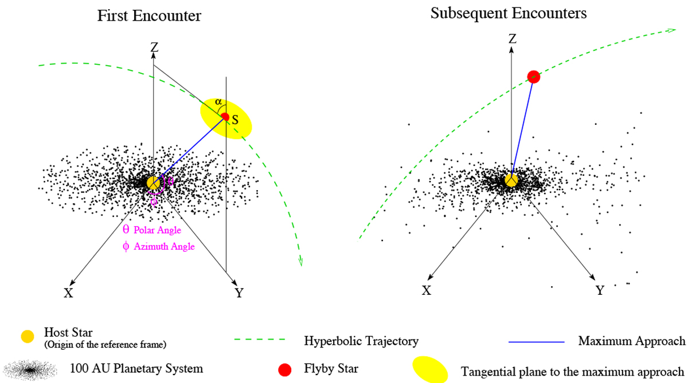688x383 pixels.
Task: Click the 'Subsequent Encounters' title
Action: pyautogui.click(x=509, y=13)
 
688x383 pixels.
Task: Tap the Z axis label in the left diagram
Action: pyautogui.click(x=154, y=48)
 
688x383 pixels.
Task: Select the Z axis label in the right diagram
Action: pyautogui.click(x=512, y=39)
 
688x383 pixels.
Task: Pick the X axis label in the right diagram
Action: pyautogui.click(x=427, y=290)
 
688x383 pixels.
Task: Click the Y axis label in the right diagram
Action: pyautogui.click(x=600, y=290)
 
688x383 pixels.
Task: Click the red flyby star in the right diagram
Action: pyautogui.click(x=533, y=77)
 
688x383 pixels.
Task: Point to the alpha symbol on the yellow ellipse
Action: pyautogui.click(x=218, y=102)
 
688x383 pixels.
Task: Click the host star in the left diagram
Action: pyautogui.click(x=154, y=183)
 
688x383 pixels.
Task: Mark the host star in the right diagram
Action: pyautogui.click(x=511, y=180)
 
